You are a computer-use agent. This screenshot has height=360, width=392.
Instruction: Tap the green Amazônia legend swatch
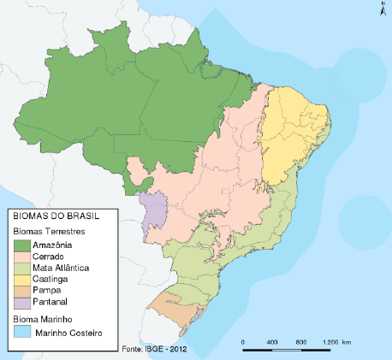pos(22,245)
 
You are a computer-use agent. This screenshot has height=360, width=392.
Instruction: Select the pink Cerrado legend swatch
pos(22,257)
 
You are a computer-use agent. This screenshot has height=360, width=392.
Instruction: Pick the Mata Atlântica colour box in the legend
pos(22,268)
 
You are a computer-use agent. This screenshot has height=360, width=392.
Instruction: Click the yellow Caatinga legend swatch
pos(22,279)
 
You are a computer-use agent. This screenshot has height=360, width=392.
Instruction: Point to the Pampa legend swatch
pos(22,290)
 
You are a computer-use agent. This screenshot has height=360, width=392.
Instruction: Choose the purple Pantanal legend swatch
pos(22,301)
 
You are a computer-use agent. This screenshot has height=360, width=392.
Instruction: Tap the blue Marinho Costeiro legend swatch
pos(22,332)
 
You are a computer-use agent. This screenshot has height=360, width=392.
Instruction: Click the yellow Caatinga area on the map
pos(291,137)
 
